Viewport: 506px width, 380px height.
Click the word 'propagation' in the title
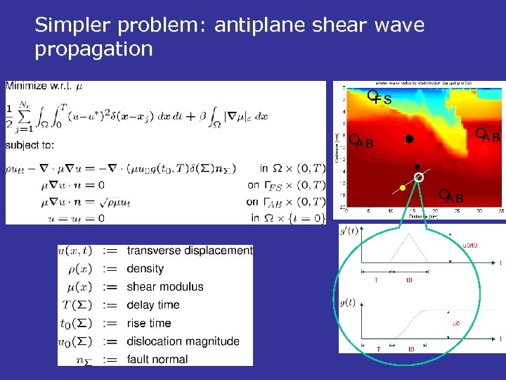point(93,49)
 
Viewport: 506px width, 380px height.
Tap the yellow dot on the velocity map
point(402,188)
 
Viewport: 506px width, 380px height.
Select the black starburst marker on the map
point(408,140)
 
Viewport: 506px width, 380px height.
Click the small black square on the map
point(416,167)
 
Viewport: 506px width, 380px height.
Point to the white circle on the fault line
point(419,178)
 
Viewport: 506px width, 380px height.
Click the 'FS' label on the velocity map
point(383,100)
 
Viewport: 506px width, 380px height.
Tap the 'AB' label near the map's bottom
point(454,198)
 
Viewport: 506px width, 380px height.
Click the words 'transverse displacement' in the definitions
point(189,251)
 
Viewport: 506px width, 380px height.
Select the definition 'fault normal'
point(157,360)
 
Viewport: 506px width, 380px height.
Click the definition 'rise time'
point(148,324)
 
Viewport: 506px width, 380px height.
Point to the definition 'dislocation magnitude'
point(183,341)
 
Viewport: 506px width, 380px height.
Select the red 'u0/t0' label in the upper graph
point(470,246)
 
